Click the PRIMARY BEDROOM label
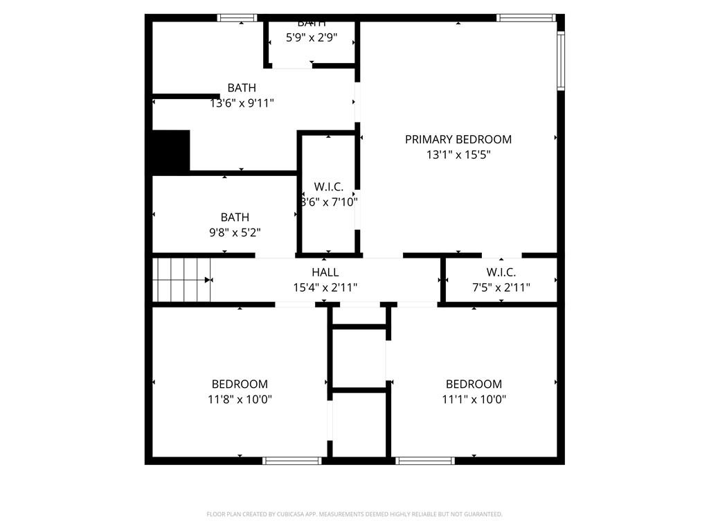(458, 139)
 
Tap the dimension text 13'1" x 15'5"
(458, 154)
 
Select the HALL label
(325, 273)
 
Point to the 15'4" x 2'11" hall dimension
(325, 287)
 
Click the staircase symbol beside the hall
(181, 280)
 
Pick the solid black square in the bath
(170, 152)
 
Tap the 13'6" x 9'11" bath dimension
(242, 103)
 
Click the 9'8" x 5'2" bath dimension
(235, 233)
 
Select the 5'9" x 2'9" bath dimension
(312, 37)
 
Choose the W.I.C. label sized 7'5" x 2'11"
(501, 273)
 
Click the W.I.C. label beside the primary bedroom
(328, 187)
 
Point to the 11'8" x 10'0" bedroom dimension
(240, 399)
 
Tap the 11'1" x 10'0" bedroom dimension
(474, 399)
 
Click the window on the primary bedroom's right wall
(561, 61)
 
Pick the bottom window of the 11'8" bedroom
(293, 460)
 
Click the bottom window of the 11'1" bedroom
(425, 460)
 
